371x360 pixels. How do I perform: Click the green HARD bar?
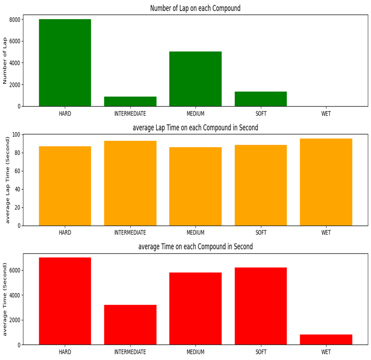[65, 62]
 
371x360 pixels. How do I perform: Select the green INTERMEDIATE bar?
[130, 102]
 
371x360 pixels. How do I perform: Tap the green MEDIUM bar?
[195, 79]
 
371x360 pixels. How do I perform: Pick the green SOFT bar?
[261, 99]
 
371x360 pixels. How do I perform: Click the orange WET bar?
[326, 182]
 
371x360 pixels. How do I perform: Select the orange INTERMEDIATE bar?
[130, 183]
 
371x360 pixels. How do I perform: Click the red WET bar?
[326, 340]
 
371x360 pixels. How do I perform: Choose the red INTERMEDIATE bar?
[130, 324]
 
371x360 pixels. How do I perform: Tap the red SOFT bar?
[261, 306]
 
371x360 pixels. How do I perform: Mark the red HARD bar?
[65, 301]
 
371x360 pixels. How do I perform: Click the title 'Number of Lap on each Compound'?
[195, 8]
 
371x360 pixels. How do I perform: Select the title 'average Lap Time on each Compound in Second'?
[195, 128]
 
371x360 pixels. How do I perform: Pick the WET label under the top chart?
[326, 114]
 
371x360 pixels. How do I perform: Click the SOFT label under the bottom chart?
[261, 352]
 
